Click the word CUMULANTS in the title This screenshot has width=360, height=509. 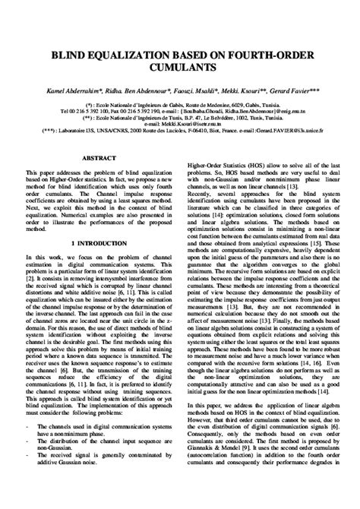click(x=180, y=67)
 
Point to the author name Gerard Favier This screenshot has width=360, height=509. click(x=303, y=90)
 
